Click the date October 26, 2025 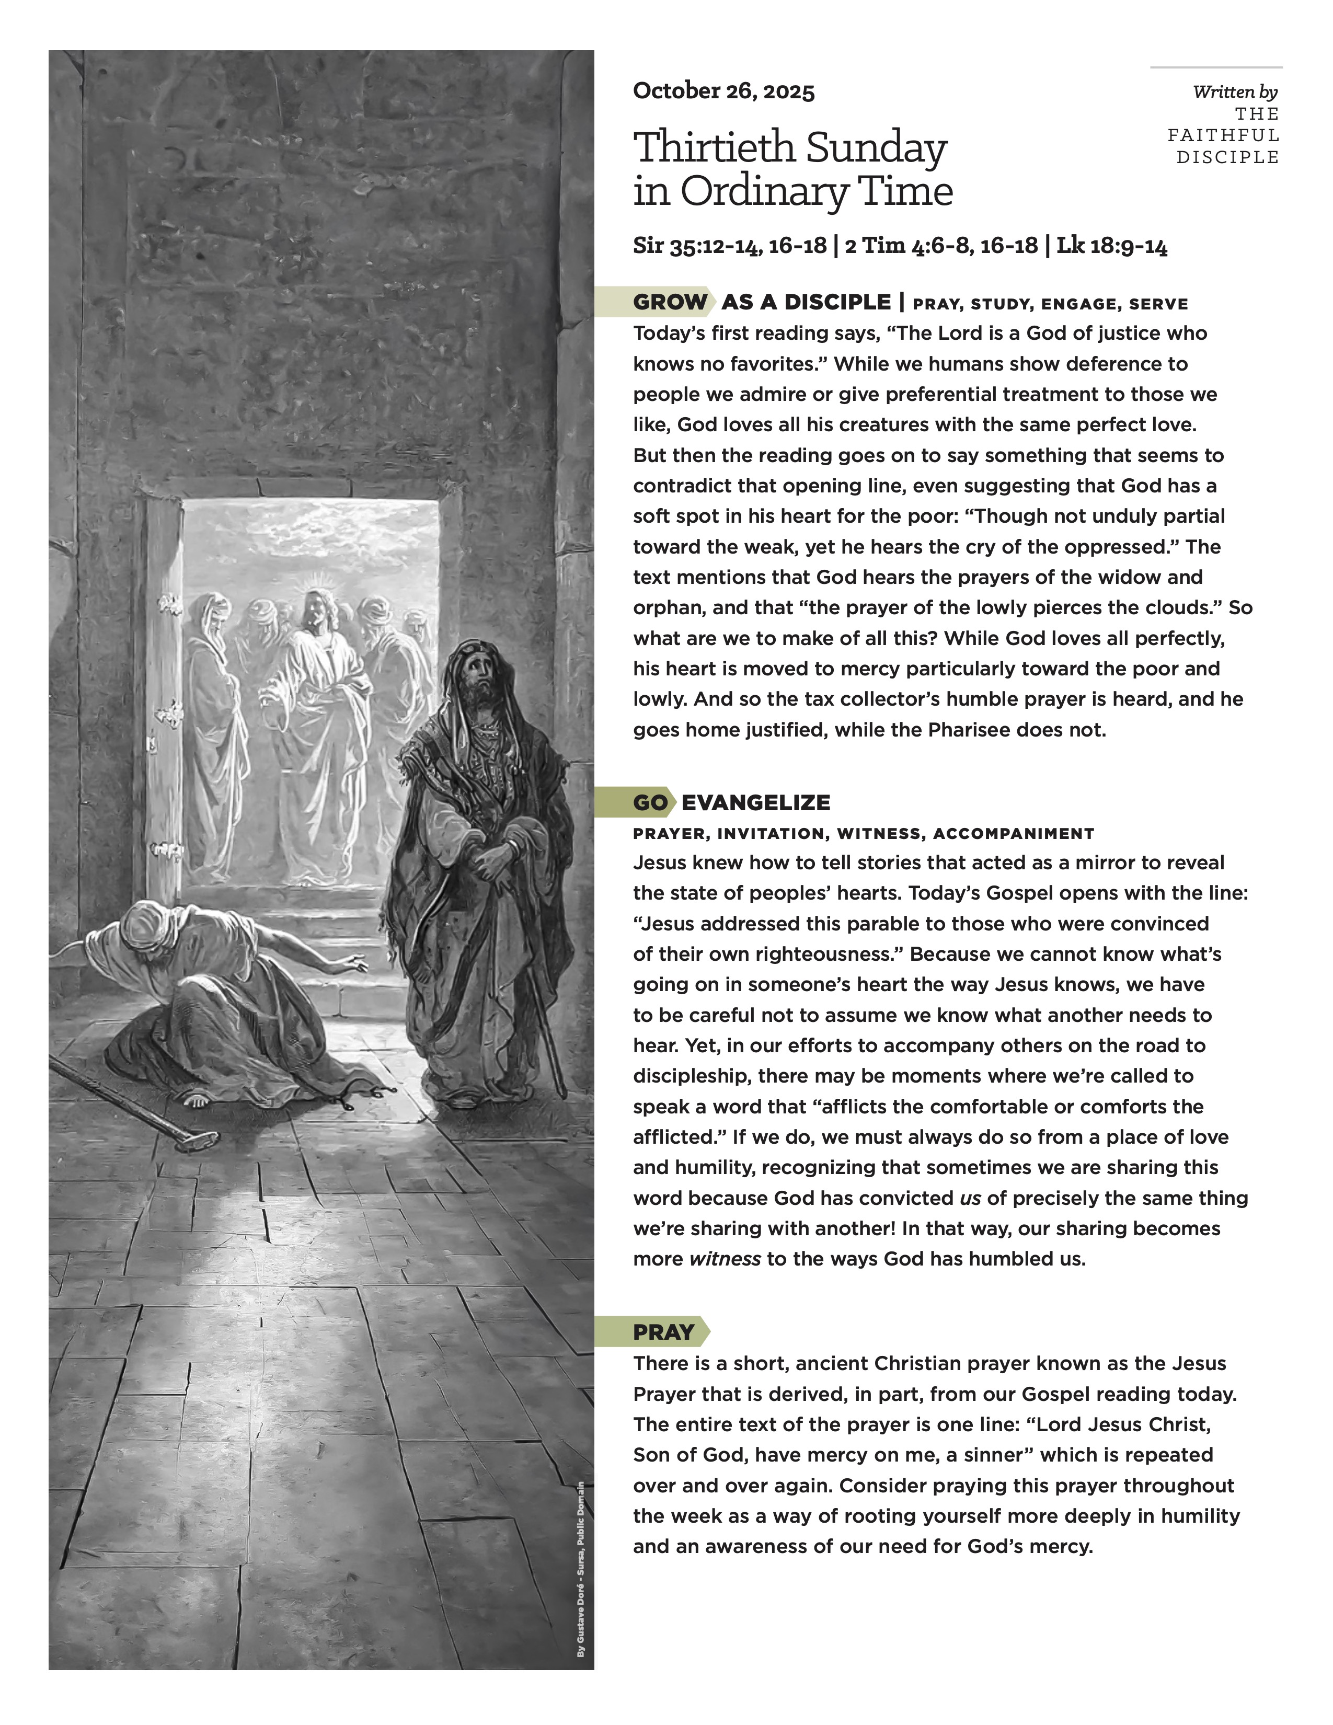(x=723, y=91)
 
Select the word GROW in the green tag (x=670, y=303)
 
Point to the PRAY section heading (x=663, y=1332)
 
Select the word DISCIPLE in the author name (x=1227, y=157)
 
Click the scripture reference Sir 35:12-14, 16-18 (x=730, y=246)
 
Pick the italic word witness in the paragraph (x=724, y=1259)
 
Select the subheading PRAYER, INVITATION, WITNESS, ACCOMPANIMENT (x=863, y=833)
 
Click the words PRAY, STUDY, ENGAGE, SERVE (x=1050, y=304)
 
